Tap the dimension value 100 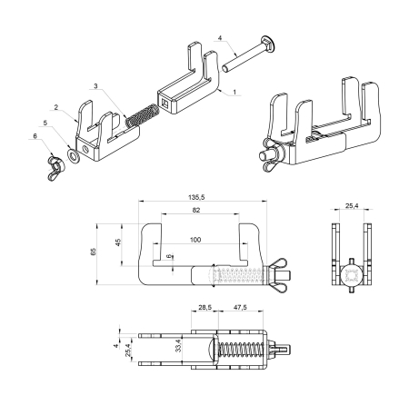(x=195, y=242)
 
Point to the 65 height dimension (x=106, y=251)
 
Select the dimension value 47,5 (x=241, y=308)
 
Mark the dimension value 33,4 (x=178, y=346)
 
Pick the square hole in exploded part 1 (x=167, y=104)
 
